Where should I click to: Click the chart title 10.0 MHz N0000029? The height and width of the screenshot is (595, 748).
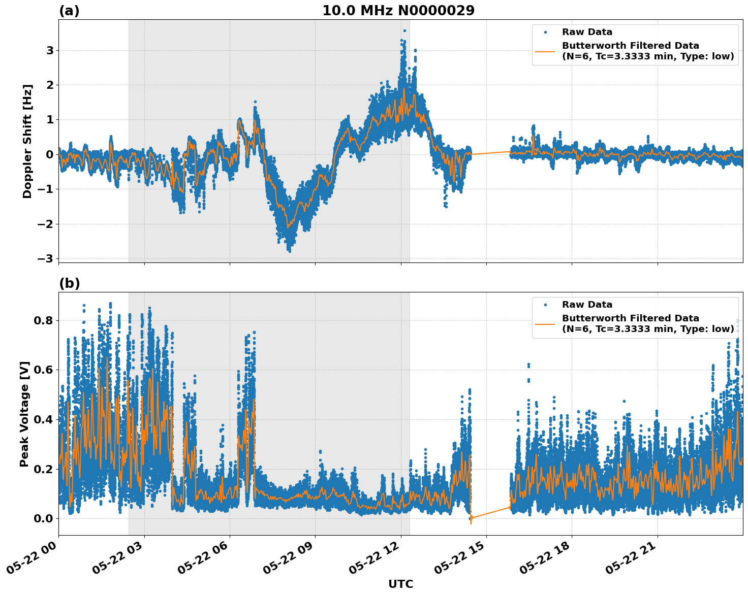[398, 11]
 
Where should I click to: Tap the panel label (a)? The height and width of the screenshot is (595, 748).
[69, 11]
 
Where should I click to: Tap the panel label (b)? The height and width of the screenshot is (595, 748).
[69, 283]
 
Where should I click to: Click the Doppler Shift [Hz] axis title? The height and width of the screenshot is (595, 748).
[27, 141]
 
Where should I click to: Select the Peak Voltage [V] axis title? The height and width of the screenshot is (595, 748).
[24, 414]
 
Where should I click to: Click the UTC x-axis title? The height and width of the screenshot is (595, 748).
[400, 584]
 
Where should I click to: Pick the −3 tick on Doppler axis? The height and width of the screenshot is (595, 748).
[45, 258]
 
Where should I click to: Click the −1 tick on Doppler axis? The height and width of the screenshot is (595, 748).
[45, 189]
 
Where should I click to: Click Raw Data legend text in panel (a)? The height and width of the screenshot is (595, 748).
[587, 32]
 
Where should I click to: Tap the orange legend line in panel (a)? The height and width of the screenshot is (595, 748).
[545, 51]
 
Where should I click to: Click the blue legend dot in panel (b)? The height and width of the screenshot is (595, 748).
[545, 305]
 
